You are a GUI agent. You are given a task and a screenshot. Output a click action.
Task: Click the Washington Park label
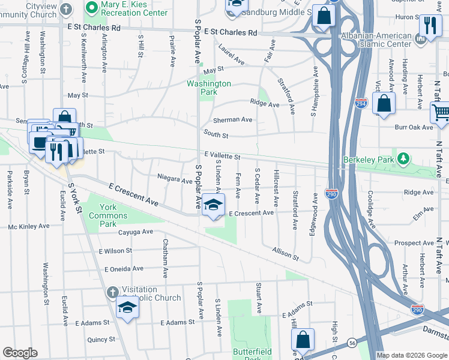click(x=209, y=88)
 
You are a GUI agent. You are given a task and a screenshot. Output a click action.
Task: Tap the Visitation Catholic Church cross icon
click(x=112, y=292)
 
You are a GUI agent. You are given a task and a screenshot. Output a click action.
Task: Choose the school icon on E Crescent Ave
click(x=213, y=205)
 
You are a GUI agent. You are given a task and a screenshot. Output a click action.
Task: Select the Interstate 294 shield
click(x=361, y=103)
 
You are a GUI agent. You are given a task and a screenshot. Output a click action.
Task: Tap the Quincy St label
click(x=100, y=339)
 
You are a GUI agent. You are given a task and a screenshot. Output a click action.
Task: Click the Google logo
click(x=20, y=353)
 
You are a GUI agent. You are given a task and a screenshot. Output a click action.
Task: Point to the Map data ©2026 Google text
click(x=411, y=355)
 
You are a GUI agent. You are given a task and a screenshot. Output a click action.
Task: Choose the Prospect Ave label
click(x=414, y=243)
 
